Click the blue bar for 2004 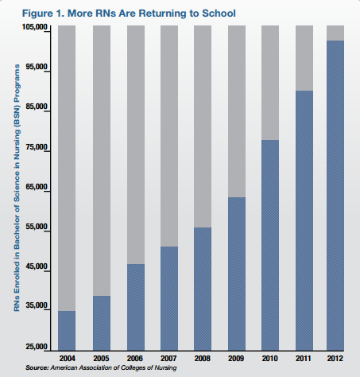tap(67, 331)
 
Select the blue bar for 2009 tap(237, 274)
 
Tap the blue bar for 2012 tap(335, 196)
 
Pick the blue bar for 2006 tap(136, 307)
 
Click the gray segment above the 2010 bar tap(270, 83)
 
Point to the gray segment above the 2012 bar tap(335, 33)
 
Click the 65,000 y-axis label tap(37, 187)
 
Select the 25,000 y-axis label tap(37, 347)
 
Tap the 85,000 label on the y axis tap(37, 107)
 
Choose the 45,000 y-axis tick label tap(37, 266)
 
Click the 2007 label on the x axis tap(168, 359)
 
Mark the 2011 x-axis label tap(304, 359)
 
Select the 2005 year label tap(101, 359)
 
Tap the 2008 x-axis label tap(203, 359)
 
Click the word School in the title tap(219, 14)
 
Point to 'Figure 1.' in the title tap(43, 14)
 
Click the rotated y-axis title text tap(17, 188)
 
